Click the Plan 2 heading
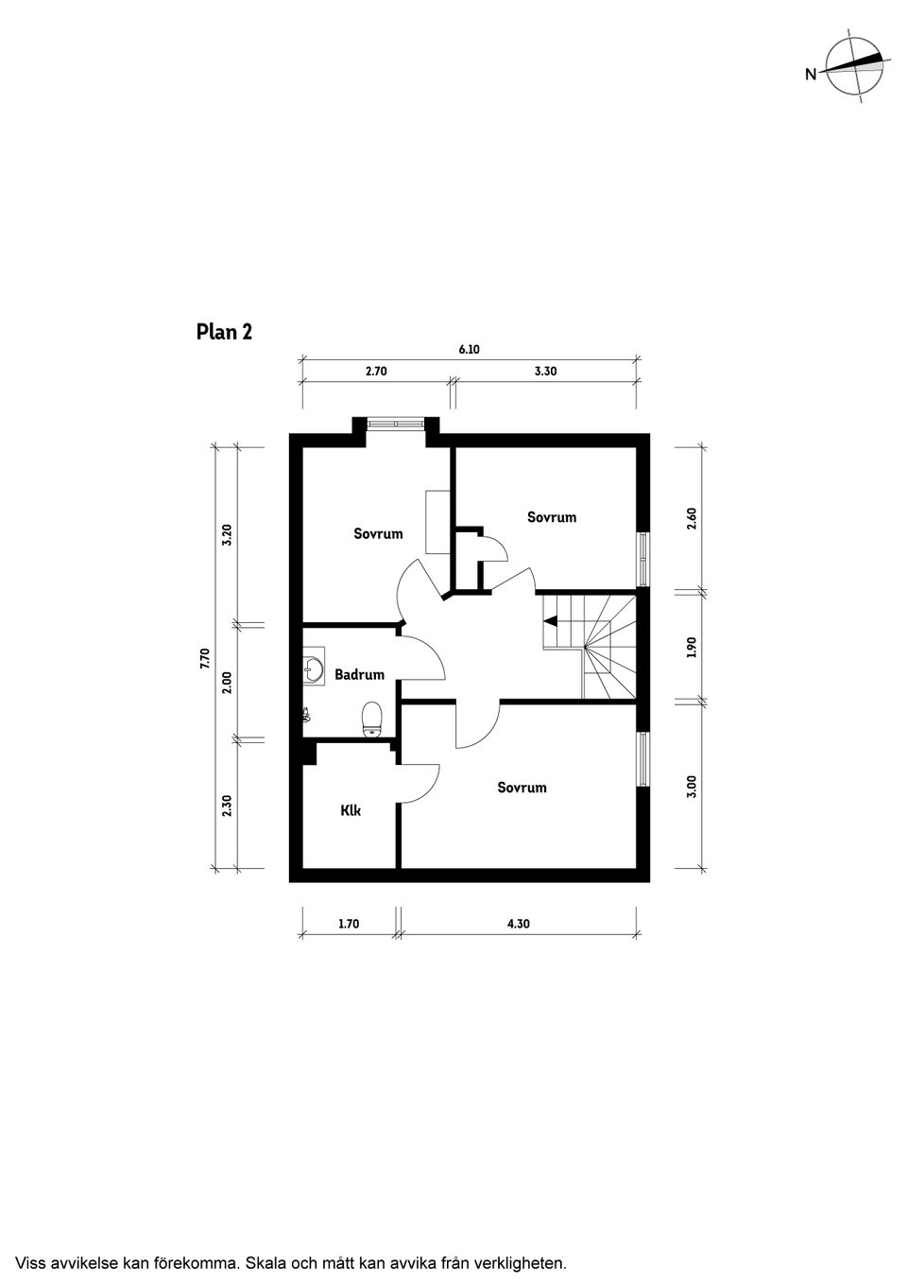pos(224,332)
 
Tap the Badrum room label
pos(359,675)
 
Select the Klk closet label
pos(351,810)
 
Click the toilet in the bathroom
pos(372,719)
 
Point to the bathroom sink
pos(314,665)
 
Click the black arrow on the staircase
pos(551,620)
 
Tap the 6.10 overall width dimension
pos(469,349)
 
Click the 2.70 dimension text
pos(376,371)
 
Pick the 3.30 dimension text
pos(546,371)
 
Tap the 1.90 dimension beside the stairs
pos(692,647)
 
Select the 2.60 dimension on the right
pos(692,519)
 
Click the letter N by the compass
pos(811,74)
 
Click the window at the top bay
pos(396,424)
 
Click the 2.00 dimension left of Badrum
pos(228,682)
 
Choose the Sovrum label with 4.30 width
pos(522,788)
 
